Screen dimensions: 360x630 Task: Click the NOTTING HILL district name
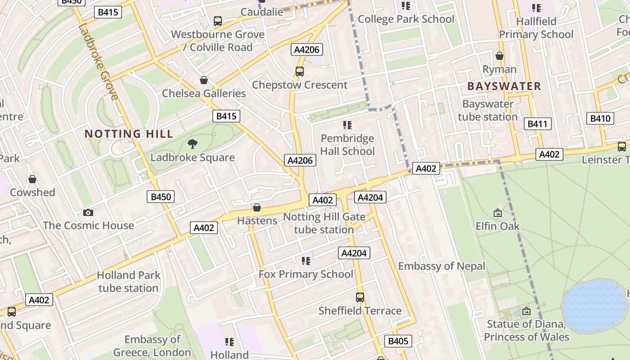point(129,134)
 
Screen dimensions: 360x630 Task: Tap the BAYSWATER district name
point(504,86)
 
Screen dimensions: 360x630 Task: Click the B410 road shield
point(600,118)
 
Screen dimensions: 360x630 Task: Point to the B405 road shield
point(398,341)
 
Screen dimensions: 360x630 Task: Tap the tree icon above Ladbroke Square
point(193,144)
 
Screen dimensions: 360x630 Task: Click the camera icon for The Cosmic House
point(88,212)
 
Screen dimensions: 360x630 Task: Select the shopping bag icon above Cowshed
point(32,180)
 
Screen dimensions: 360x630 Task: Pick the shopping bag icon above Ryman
point(499,56)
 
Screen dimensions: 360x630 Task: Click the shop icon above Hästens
point(257,207)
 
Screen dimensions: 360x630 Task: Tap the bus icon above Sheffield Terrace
point(360,297)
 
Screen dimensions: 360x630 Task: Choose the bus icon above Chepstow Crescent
point(299,71)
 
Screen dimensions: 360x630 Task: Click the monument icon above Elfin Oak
point(497,212)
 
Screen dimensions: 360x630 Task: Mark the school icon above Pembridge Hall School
point(347,125)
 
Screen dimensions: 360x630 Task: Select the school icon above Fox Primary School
point(306,261)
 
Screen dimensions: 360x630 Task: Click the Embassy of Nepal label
point(441,266)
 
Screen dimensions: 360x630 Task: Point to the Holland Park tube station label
point(128,281)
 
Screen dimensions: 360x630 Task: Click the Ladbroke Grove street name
point(98,62)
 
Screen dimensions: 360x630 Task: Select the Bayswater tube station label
point(488,110)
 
